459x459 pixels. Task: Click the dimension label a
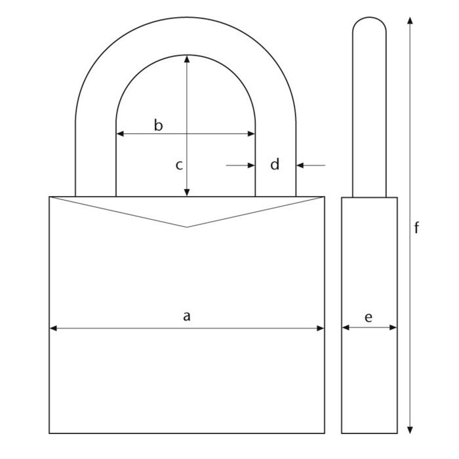pyautogui.click(x=187, y=317)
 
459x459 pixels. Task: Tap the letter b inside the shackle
pyautogui.click(x=158, y=125)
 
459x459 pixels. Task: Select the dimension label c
pyautogui.click(x=178, y=165)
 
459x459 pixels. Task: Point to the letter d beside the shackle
pyautogui.click(x=275, y=165)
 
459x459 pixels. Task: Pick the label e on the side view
pyautogui.click(x=369, y=317)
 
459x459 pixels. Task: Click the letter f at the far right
pyautogui.click(x=416, y=228)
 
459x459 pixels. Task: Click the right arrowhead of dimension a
pyautogui.click(x=320, y=328)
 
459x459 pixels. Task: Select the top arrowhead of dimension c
pyautogui.click(x=188, y=59)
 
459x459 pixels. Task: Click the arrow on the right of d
pyautogui.click(x=301, y=165)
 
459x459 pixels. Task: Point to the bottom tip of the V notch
pyautogui.click(x=187, y=227)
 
